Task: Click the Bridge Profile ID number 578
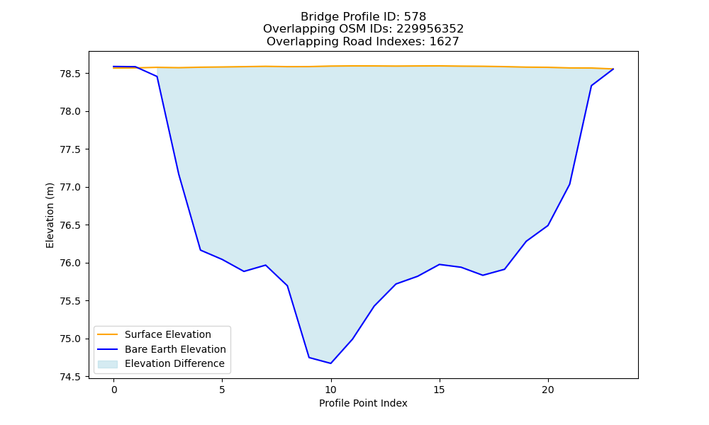point(415,17)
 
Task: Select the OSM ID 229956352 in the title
point(430,29)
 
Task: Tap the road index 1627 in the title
point(444,42)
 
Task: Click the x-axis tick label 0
point(114,390)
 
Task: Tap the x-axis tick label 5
point(223,390)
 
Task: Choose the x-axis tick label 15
point(440,390)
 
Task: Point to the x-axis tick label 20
point(548,390)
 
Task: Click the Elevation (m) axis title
point(50,215)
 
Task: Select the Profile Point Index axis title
point(363,403)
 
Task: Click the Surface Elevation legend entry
point(168,334)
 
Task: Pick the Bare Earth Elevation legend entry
point(175,349)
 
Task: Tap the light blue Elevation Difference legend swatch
point(108,364)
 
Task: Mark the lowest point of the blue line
point(331,363)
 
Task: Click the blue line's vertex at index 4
point(201,250)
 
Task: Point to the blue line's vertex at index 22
point(591,86)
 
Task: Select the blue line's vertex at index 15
point(440,264)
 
